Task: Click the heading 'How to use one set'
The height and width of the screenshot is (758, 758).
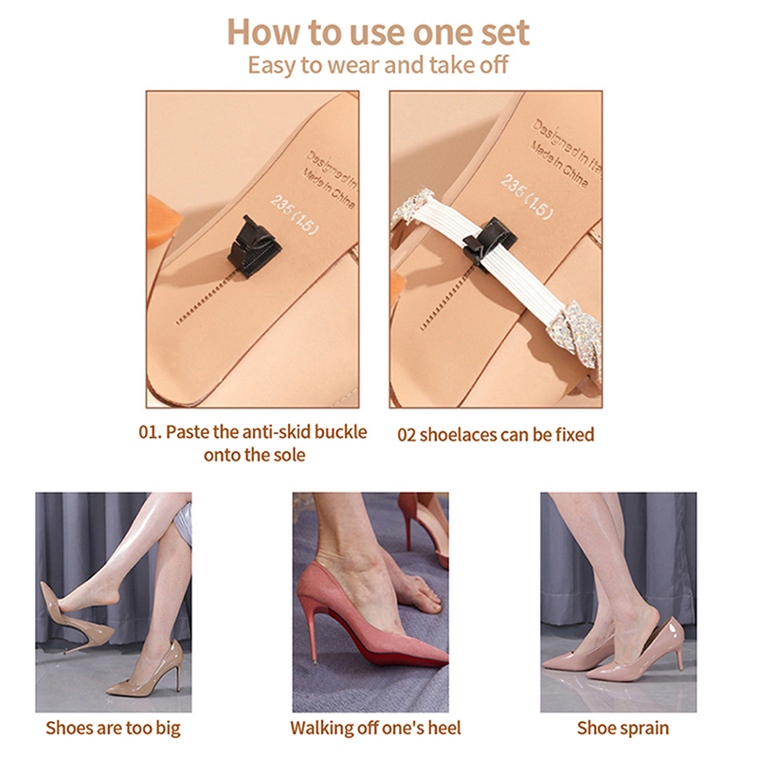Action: pos(378,32)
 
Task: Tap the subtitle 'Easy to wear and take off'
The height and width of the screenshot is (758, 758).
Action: pos(378,64)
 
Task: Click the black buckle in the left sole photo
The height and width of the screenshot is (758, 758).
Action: pos(250,246)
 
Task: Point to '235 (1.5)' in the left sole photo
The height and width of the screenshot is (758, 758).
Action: pos(295,215)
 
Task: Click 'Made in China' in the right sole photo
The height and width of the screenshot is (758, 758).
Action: pos(560,164)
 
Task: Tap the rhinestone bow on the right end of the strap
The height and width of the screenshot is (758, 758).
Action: pos(575,334)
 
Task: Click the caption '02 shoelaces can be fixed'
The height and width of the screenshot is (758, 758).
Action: pos(496,435)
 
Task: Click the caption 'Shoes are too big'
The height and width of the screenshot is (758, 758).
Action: pos(113,728)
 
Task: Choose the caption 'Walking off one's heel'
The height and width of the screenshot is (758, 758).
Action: pos(375,728)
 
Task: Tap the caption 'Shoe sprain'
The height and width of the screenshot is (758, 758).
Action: pos(623,728)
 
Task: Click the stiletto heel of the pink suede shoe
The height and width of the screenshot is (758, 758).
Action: pos(311,631)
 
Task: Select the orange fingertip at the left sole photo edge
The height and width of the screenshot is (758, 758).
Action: pos(163,220)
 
